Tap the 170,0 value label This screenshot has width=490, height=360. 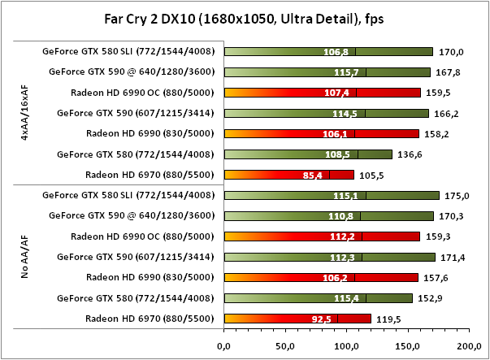click(451, 52)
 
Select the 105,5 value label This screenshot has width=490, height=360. click(372, 174)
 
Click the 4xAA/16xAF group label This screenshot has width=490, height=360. click(25, 113)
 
